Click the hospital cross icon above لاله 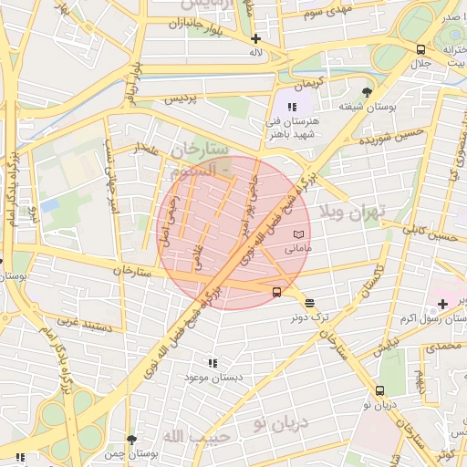pyautogui.click(x=256, y=38)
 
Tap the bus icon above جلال pyautogui.click(x=420, y=50)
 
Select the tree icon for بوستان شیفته pyautogui.click(x=367, y=92)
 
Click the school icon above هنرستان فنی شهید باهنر pyautogui.click(x=292, y=108)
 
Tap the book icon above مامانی pyautogui.click(x=299, y=235)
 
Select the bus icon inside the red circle pyautogui.click(x=276, y=292)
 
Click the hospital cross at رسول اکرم pyautogui.click(x=442, y=302)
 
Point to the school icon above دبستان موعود pyautogui.click(x=212, y=362)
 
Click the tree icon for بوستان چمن pyautogui.click(x=132, y=439)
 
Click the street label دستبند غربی pyautogui.click(x=84, y=322)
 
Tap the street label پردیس pyautogui.click(x=181, y=98)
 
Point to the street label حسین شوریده pyautogui.click(x=392, y=138)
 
